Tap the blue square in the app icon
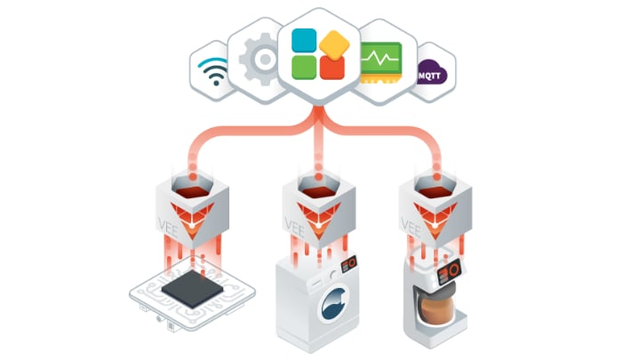pyautogui.click(x=304, y=39)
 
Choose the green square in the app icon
pyautogui.click(x=305, y=68)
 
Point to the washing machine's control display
pyautogui.click(x=351, y=263)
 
